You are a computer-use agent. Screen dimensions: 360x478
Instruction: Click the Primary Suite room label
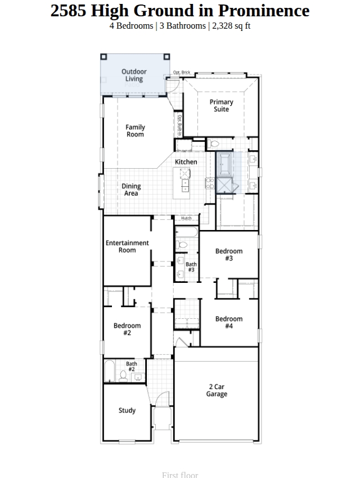click(221, 106)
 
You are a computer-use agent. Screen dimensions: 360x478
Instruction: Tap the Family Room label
click(135, 131)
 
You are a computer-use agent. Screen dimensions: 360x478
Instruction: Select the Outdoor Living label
click(134, 75)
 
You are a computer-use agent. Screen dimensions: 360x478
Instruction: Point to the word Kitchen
click(186, 162)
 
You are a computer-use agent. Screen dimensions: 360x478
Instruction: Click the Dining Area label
click(131, 190)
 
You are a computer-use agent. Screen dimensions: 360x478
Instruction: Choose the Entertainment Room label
click(127, 246)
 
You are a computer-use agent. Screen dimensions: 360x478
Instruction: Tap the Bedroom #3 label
click(229, 255)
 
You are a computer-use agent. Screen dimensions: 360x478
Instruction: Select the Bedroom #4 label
click(229, 322)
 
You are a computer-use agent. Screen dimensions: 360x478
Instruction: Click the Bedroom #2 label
click(127, 329)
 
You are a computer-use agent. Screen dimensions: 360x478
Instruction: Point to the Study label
click(127, 411)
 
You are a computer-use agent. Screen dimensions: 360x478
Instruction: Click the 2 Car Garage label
click(217, 390)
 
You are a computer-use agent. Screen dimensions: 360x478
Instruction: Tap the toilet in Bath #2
click(123, 376)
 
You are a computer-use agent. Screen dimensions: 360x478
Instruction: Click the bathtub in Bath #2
click(110, 371)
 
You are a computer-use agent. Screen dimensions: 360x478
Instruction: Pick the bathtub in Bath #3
click(187, 232)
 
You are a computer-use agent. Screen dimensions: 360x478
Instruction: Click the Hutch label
click(186, 218)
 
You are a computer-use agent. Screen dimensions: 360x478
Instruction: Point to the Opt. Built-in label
click(180, 125)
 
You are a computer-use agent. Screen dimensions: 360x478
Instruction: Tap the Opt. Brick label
click(182, 72)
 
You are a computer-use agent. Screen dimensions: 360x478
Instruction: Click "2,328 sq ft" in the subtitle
click(231, 26)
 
